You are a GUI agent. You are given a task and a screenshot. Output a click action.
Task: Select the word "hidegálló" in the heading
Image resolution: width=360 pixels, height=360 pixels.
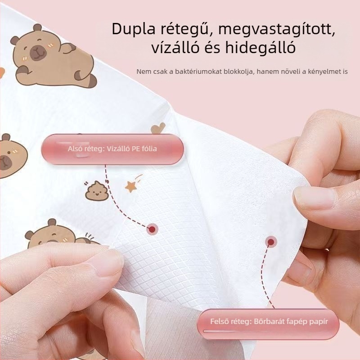click(260, 47)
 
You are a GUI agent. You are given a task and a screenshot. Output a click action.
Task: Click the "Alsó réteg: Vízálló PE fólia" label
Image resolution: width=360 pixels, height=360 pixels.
click(112, 149)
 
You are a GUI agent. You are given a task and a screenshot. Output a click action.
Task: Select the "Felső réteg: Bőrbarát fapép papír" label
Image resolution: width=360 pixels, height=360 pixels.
click(269, 322)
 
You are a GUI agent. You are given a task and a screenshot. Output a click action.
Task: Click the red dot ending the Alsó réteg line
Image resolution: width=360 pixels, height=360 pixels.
click(152, 229)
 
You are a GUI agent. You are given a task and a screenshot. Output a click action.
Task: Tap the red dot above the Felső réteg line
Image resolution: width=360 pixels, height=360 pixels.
click(271, 242)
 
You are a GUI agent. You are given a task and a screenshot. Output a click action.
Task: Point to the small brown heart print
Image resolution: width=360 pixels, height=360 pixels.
click(158, 128)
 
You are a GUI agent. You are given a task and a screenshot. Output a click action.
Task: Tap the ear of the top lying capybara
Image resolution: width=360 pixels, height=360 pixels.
click(37, 28)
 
